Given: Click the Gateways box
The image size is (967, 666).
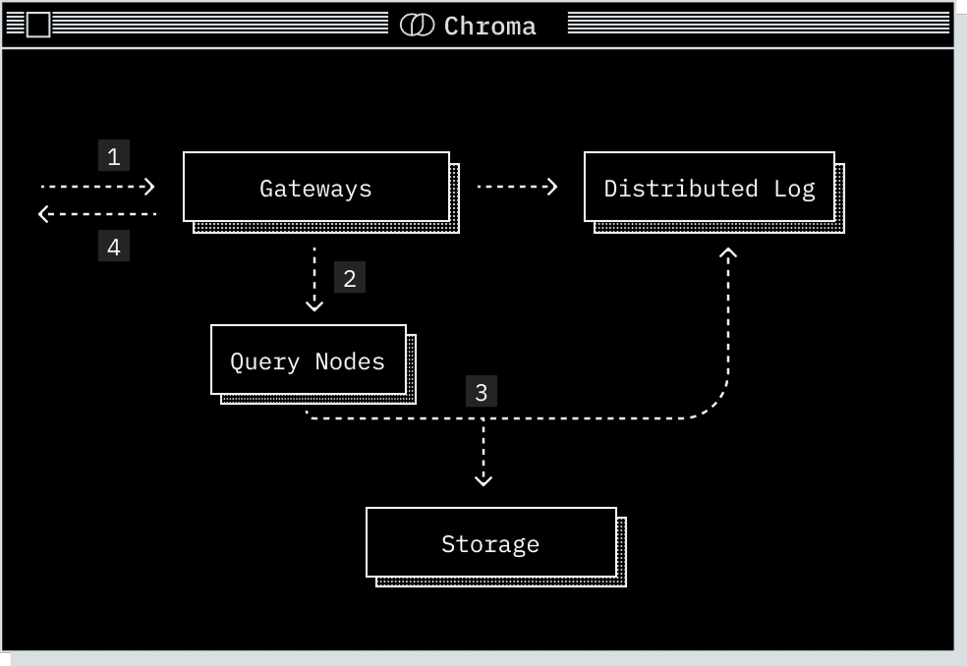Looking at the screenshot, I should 315,188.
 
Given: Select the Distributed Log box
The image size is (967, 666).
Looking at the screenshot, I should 709,188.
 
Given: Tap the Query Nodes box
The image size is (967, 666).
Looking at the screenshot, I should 308,361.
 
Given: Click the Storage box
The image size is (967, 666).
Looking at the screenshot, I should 490,543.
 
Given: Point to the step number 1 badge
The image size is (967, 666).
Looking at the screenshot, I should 114,156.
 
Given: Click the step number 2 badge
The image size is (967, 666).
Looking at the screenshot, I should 350,278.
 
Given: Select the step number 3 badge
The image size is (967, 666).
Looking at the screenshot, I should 482,392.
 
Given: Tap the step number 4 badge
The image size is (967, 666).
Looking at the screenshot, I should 114,247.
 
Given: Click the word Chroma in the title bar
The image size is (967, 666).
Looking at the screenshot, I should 489,26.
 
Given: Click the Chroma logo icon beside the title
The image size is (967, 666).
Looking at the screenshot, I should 417,26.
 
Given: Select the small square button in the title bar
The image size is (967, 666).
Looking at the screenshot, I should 37,26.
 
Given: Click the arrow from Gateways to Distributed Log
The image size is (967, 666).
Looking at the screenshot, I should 517,187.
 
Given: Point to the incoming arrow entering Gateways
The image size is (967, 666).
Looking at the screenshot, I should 97,186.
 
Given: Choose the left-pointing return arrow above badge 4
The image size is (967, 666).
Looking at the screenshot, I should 97,213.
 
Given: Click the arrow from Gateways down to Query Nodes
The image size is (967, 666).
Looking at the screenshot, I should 314,279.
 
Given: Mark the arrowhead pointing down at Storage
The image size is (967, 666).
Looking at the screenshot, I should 483,479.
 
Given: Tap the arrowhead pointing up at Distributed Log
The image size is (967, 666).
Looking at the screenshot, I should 728,253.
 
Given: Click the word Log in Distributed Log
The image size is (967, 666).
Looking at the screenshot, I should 794,189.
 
